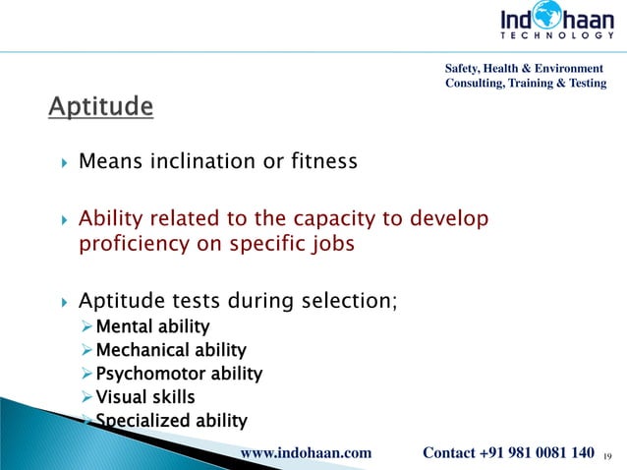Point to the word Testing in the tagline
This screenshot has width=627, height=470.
click(x=583, y=83)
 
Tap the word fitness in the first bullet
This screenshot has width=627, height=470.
click(x=317, y=160)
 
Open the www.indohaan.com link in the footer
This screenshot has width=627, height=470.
click(x=306, y=452)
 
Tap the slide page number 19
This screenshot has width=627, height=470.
click(x=607, y=455)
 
